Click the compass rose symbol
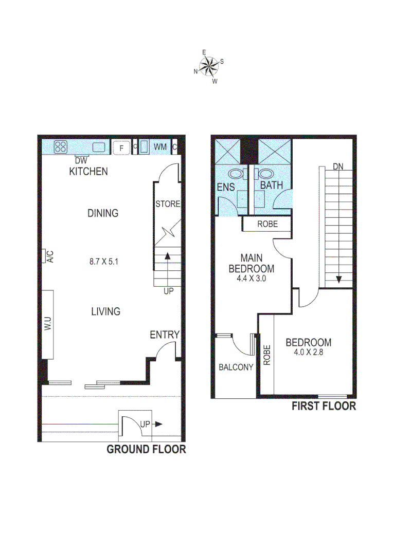tap(208, 66)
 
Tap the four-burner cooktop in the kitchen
tap(61, 147)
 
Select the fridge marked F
tap(121, 148)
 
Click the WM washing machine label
tap(160, 147)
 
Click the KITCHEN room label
tap(88, 171)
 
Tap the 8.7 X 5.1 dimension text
tap(104, 262)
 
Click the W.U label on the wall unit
tap(47, 324)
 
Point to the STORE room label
tap(168, 204)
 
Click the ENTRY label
tap(165, 335)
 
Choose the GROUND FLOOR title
tap(146, 450)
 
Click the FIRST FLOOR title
tap(324, 406)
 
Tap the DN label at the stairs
tap(338, 166)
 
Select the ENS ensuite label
tap(226, 188)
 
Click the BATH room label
tap(271, 184)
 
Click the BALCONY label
tap(236, 367)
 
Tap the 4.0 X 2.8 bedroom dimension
tap(309, 353)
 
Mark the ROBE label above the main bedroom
tap(267, 225)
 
